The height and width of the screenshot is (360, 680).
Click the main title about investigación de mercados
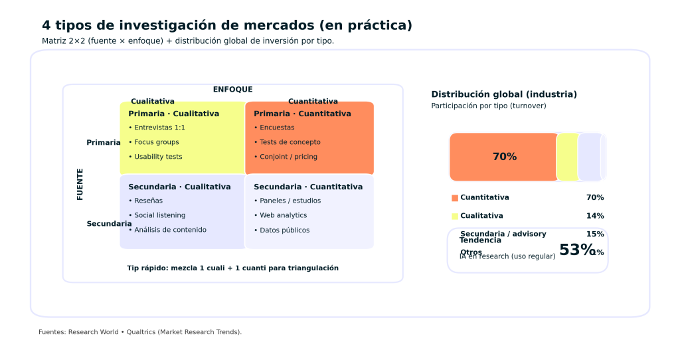click(x=227, y=25)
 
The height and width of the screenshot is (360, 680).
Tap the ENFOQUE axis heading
click(x=232, y=90)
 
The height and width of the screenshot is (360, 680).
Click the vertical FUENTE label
click(x=80, y=184)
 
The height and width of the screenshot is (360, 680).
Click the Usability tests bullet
click(x=158, y=157)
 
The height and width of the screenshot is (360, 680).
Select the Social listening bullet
click(x=159, y=215)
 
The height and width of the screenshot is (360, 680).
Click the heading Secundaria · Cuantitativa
click(x=308, y=187)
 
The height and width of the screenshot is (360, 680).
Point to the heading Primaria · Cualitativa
click(x=173, y=114)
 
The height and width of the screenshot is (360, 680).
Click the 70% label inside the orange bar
click(x=504, y=157)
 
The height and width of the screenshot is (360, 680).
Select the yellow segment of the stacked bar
click(x=567, y=157)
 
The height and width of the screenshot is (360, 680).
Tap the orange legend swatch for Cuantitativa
click(x=455, y=198)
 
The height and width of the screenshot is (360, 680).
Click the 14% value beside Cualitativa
click(x=595, y=216)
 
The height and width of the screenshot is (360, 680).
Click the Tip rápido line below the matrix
click(x=232, y=268)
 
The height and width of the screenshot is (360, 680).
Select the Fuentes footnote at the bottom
click(x=140, y=332)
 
